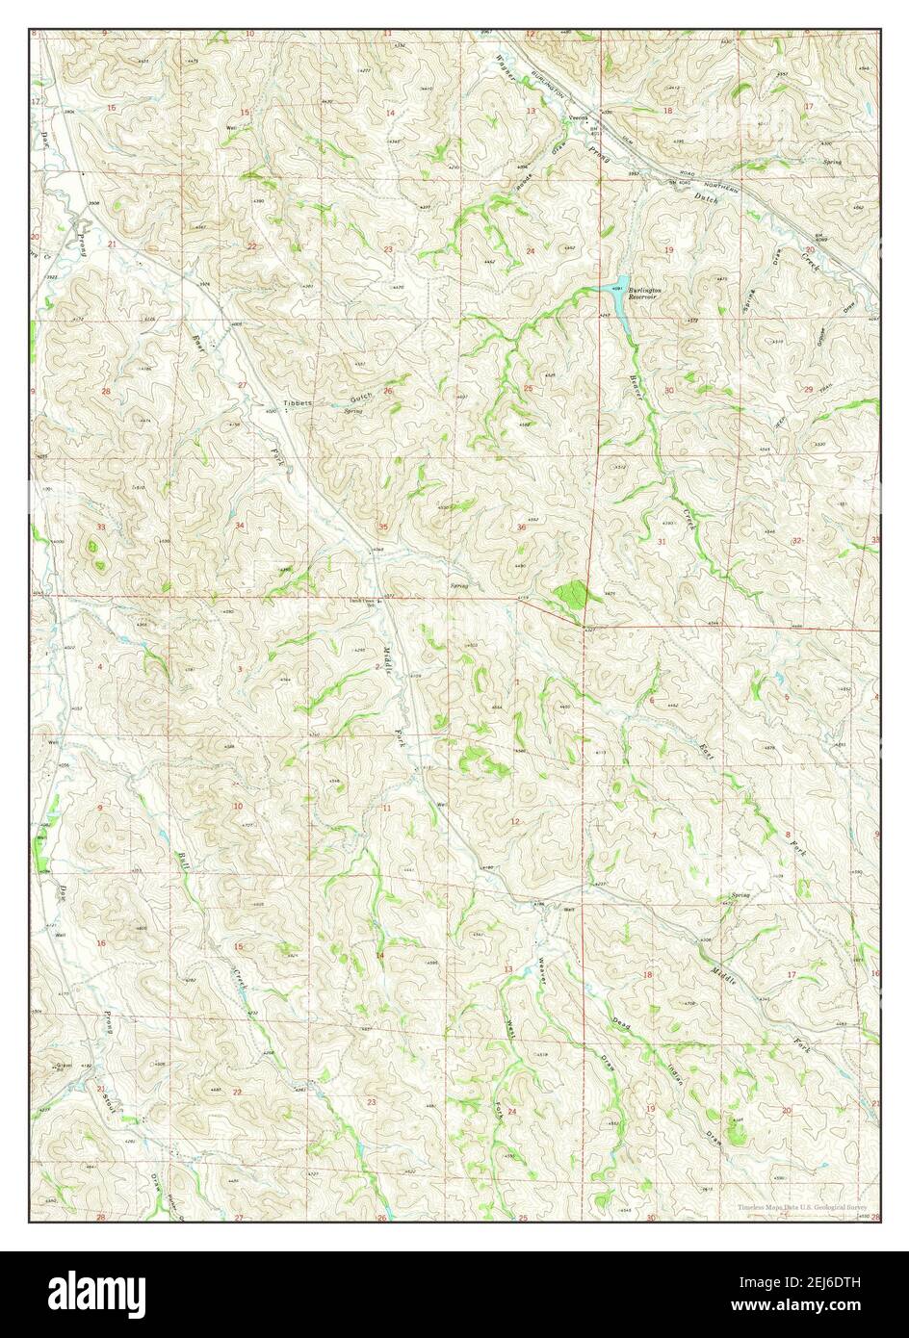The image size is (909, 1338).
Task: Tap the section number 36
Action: point(521,527)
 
